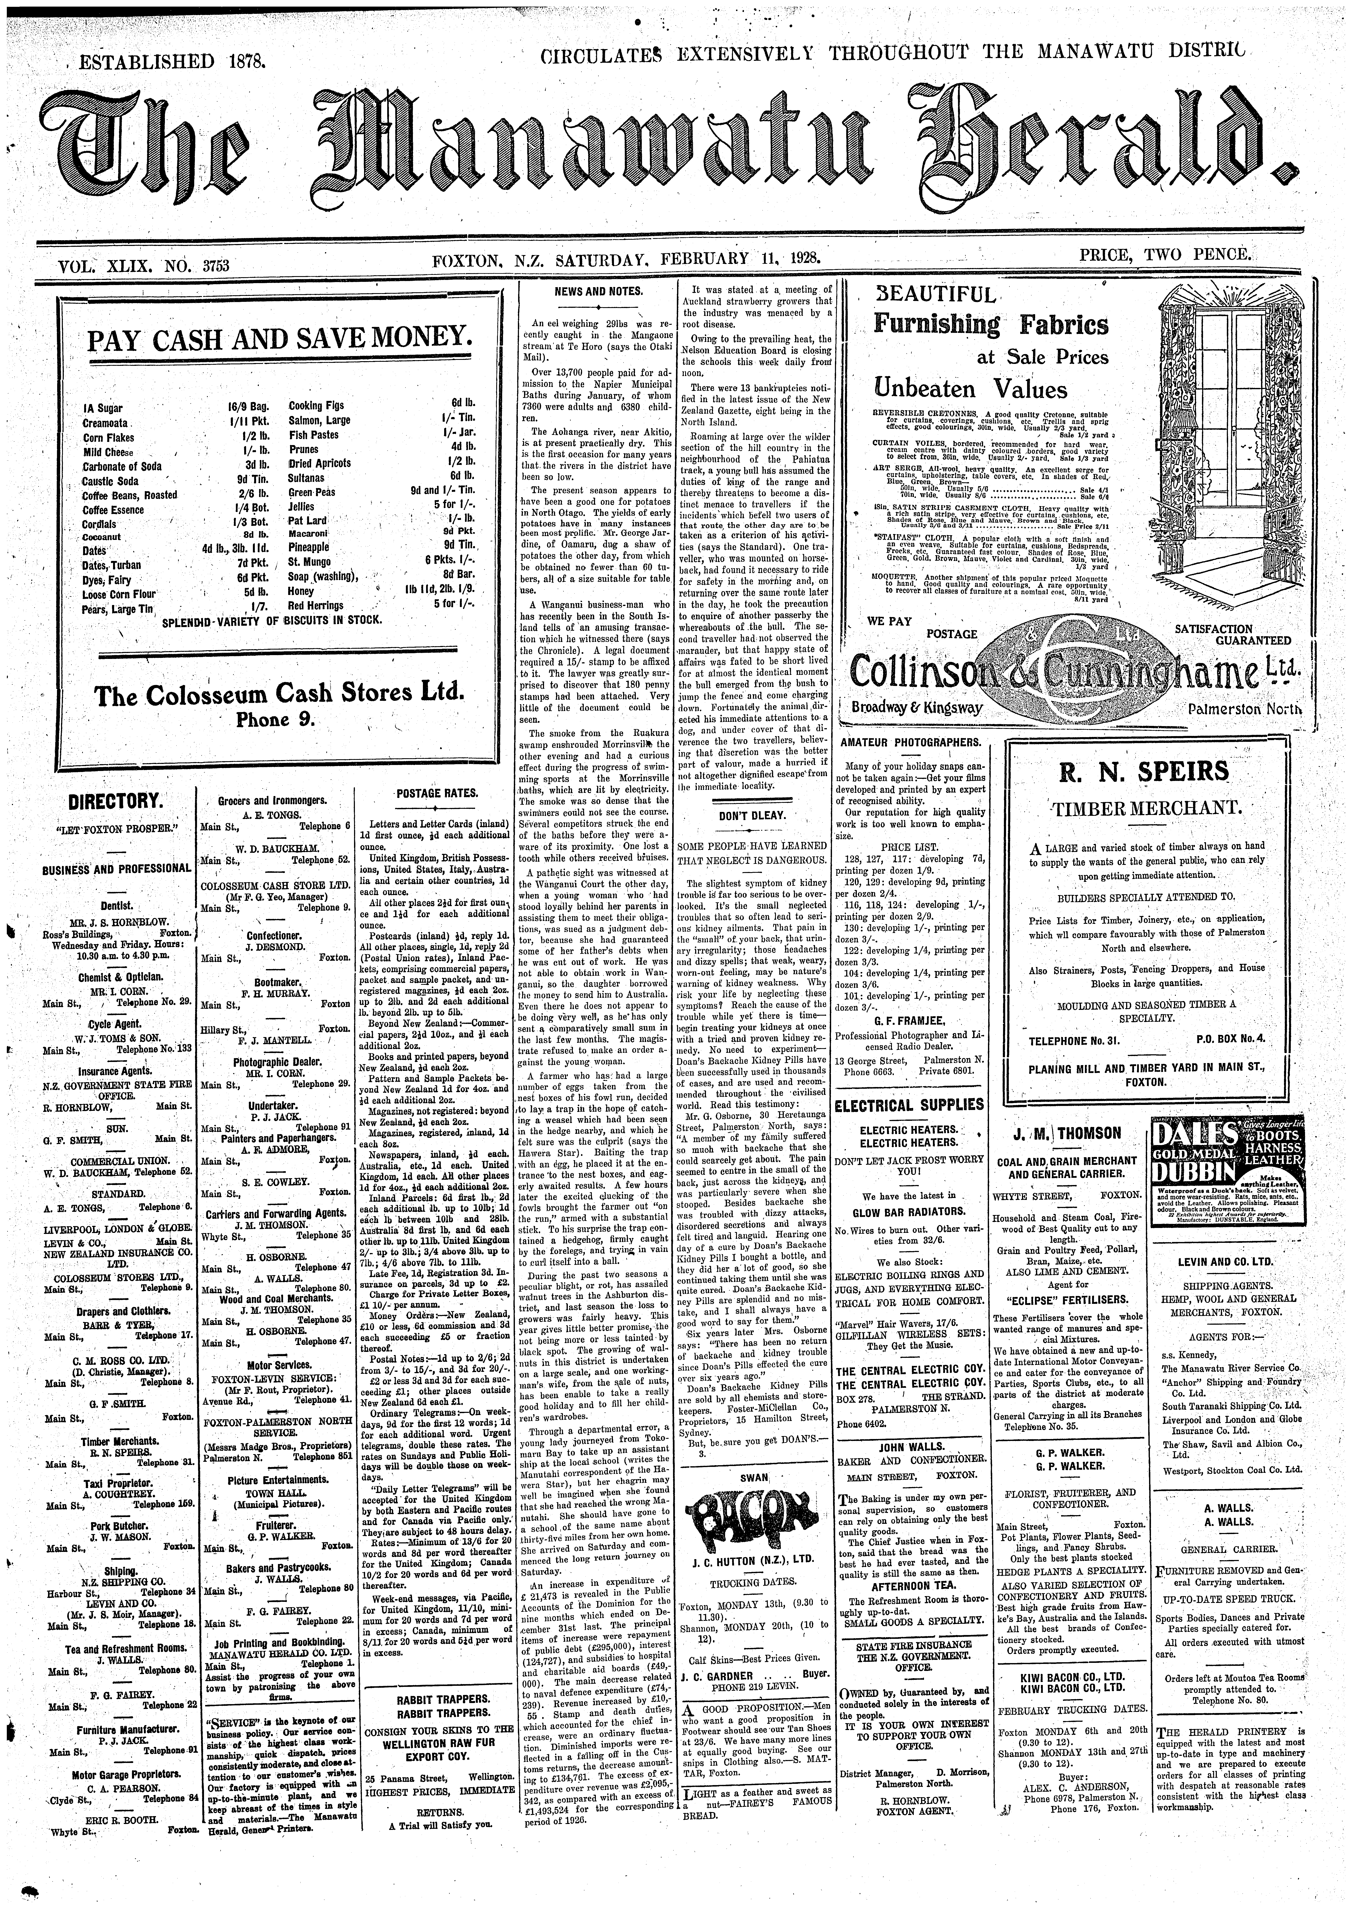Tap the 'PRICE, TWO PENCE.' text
pos(1165,255)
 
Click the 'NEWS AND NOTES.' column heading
pos(599,291)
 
